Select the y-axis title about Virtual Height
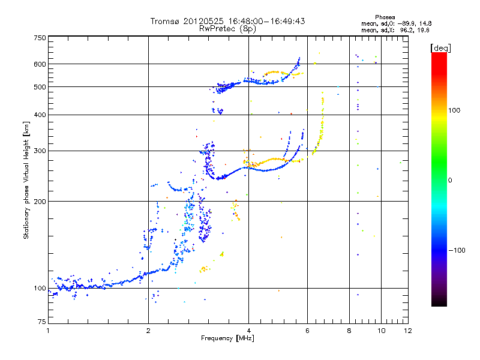coord(26,181)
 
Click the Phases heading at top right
coord(385,17)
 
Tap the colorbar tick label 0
coord(451,179)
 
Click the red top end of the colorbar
coord(439,55)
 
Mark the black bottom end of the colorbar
coord(439,304)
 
